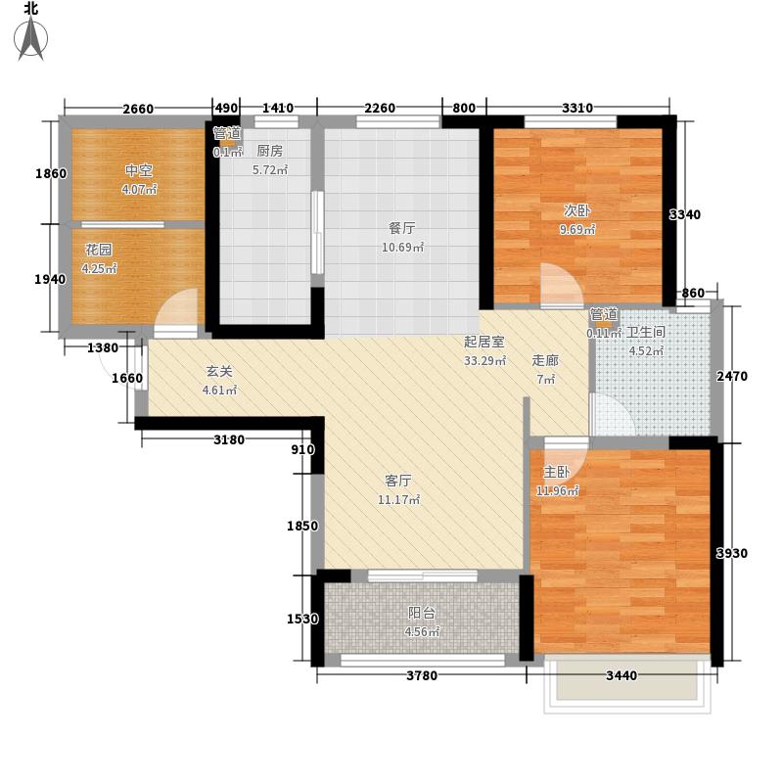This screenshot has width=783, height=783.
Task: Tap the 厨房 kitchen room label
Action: pyautogui.click(x=270, y=151)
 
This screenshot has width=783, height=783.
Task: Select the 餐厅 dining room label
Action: pyautogui.click(x=402, y=228)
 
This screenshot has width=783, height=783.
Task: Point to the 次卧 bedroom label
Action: pyautogui.click(x=577, y=210)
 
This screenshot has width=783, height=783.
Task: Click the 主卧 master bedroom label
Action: pyautogui.click(x=556, y=472)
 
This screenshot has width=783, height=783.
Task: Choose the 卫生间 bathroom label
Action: pyautogui.click(x=646, y=332)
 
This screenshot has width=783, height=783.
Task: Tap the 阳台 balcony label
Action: pyautogui.click(x=422, y=613)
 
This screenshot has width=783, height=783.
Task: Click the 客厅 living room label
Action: pyautogui.click(x=398, y=481)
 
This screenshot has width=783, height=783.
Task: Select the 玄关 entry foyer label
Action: pyautogui.click(x=219, y=372)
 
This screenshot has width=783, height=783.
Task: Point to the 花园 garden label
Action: pyautogui.click(x=99, y=250)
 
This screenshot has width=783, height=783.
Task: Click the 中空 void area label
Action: pyautogui.click(x=139, y=170)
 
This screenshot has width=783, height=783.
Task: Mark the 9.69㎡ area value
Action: pyautogui.click(x=577, y=230)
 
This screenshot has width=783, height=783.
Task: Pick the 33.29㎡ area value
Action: pyautogui.click(x=484, y=360)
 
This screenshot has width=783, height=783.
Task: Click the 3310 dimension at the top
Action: pyautogui.click(x=577, y=108)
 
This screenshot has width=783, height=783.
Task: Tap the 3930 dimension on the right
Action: pyautogui.click(x=731, y=553)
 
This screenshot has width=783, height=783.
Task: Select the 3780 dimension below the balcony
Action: pyautogui.click(x=422, y=675)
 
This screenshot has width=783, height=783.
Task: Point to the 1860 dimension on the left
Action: pyautogui.click(x=51, y=174)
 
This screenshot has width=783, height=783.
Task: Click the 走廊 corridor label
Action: pyautogui.click(x=545, y=360)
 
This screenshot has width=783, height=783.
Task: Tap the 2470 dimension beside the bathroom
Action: pyautogui.click(x=732, y=376)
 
